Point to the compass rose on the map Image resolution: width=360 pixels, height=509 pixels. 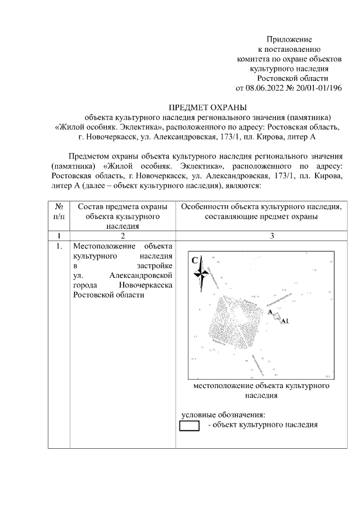[201, 275]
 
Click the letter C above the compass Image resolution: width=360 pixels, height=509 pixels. [195, 260]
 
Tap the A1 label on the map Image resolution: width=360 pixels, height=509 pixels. [285, 321]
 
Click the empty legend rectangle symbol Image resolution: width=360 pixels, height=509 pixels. [190, 426]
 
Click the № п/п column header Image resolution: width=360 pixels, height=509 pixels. [58, 211]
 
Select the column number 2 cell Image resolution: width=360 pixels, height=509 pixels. [123, 236]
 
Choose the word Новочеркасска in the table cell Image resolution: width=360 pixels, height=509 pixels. [146, 286]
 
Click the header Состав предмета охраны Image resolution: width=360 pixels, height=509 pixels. [123, 207]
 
